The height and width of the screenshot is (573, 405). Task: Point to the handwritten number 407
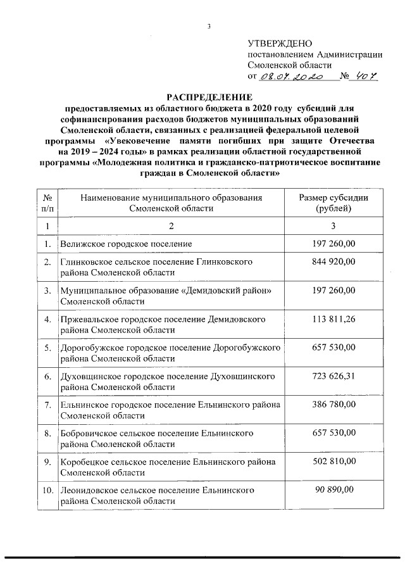[365, 77]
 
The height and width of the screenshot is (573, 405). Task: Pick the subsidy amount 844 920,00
[333, 262]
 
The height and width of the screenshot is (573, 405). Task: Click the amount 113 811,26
[333, 319]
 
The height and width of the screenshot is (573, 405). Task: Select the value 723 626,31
[333, 376]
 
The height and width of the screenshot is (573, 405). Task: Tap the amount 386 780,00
[333, 404]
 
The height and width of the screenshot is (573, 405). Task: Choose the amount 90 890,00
[333, 489]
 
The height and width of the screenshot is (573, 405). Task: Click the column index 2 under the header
[170, 226]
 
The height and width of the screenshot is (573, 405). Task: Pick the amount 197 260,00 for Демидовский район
[333, 291]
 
